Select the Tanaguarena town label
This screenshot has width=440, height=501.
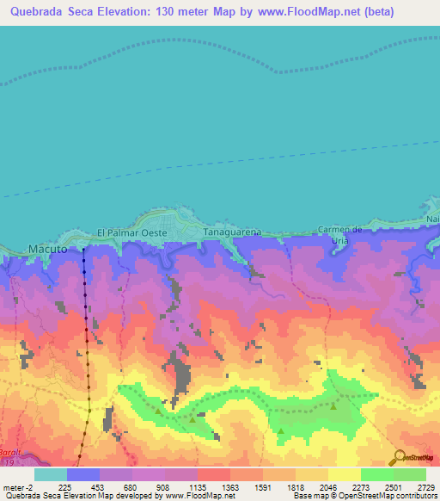[x=232, y=232]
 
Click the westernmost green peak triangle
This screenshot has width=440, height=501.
[x=159, y=411]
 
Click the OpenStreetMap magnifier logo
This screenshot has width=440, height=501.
[x=397, y=457]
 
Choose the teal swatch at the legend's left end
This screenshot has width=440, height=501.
[x=50, y=473]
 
